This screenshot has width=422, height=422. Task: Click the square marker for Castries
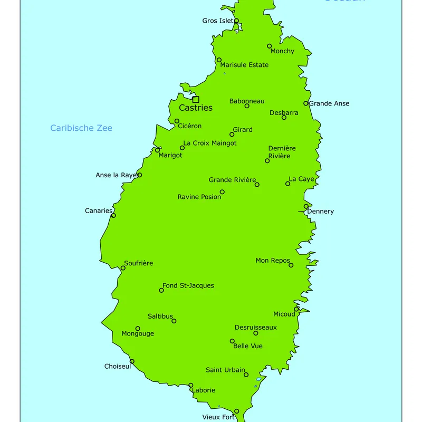click(x=196, y=99)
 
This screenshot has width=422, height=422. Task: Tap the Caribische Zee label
click(x=81, y=128)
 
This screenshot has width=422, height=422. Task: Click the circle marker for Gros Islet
click(x=236, y=21)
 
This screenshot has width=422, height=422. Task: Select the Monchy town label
click(x=282, y=51)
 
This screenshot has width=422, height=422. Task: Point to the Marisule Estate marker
click(x=219, y=60)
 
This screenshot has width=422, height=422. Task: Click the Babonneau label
click(x=247, y=101)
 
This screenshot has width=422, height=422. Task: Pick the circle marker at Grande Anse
click(x=306, y=103)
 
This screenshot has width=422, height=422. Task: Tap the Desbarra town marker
click(x=284, y=118)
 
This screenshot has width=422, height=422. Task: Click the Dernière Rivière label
click(x=282, y=152)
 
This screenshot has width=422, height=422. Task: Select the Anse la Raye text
click(x=116, y=175)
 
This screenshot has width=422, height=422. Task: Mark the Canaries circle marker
click(x=113, y=215)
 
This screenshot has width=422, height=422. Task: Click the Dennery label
click(x=320, y=212)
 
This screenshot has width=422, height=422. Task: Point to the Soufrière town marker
click(x=123, y=268)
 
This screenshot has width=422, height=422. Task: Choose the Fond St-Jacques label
click(x=188, y=285)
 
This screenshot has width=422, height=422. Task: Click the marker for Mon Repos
click(x=291, y=265)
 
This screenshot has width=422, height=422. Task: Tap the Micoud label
click(x=284, y=314)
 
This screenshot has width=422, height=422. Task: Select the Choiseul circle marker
click(x=132, y=361)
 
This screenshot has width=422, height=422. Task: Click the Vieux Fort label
click(x=218, y=417)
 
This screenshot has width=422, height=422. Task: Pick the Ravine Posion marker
click(x=222, y=192)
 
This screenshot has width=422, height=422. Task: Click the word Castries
click(x=196, y=108)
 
